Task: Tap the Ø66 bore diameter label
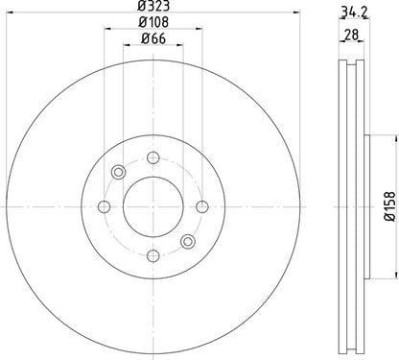click(x=152, y=39)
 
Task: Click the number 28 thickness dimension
click(x=353, y=35)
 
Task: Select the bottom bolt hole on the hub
click(x=152, y=253)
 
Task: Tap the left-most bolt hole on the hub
click(x=104, y=205)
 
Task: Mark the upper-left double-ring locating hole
click(x=118, y=172)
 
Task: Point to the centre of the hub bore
click(x=152, y=205)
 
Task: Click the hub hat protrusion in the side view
click(x=368, y=205)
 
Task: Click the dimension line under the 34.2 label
click(x=355, y=24)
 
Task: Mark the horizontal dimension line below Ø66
click(x=152, y=48)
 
